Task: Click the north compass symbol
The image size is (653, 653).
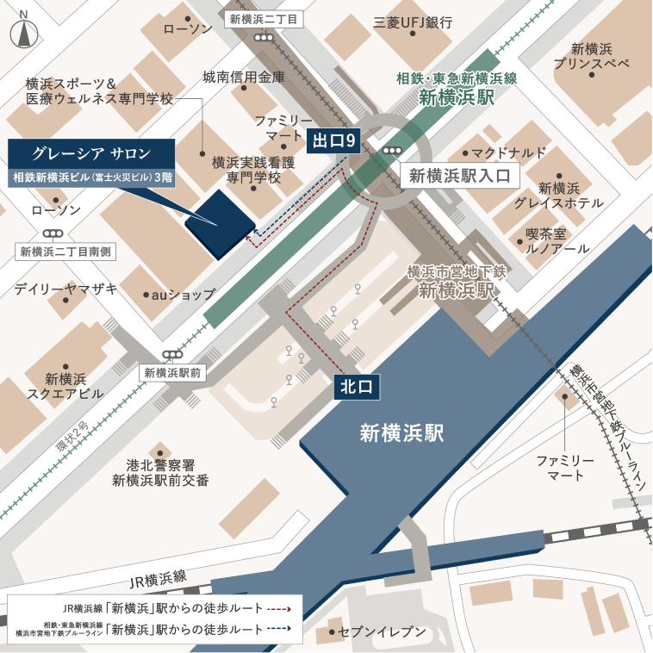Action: coord(23,34)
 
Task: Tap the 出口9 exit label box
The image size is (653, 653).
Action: coord(333,140)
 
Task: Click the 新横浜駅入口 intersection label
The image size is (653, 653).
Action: coord(460,176)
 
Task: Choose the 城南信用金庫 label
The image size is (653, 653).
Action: coord(243,77)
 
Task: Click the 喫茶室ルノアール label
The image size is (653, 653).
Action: coord(557,240)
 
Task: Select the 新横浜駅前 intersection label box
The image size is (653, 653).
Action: coord(172,373)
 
